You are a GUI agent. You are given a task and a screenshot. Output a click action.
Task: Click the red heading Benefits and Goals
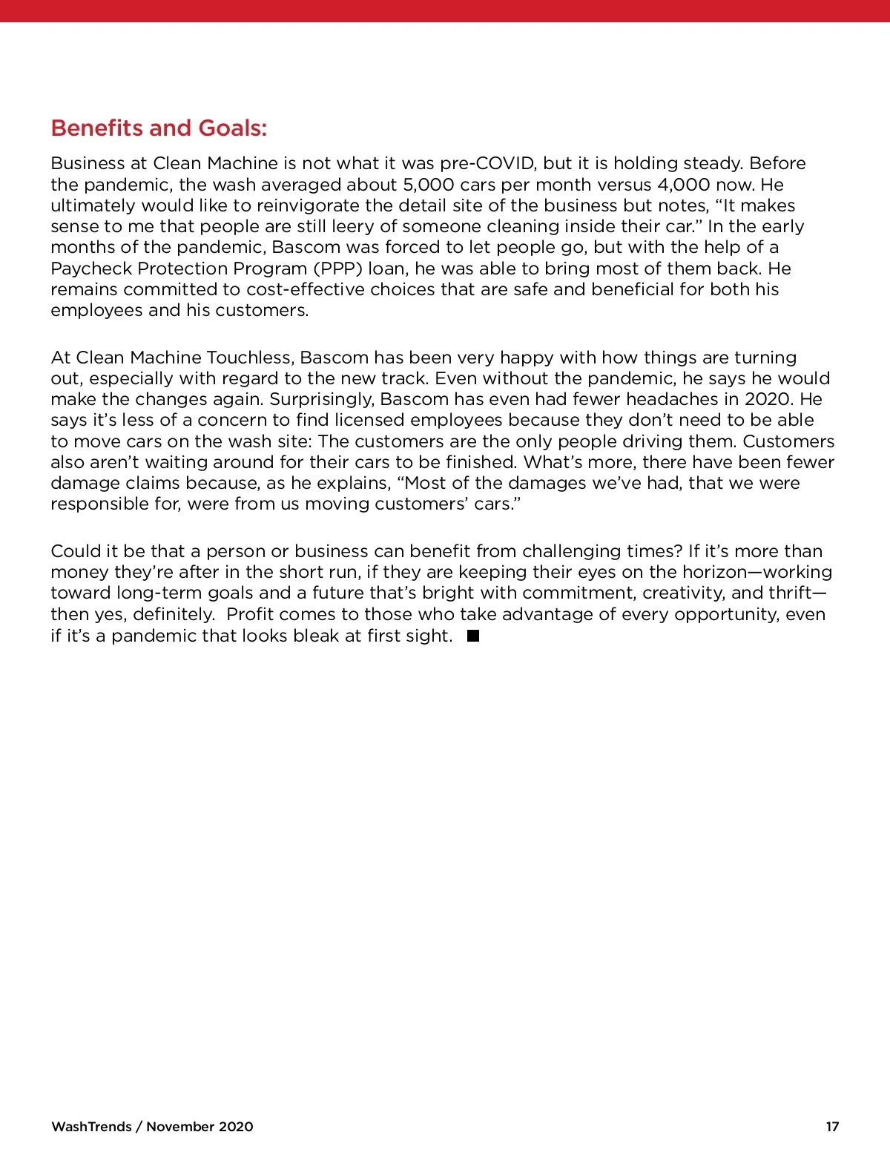point(159,128)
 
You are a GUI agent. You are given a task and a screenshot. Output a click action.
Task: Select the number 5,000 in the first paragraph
point(428,185)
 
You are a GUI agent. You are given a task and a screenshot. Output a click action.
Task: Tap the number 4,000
point(683,185)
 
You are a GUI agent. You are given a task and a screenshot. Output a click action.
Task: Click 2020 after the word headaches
point(769,399)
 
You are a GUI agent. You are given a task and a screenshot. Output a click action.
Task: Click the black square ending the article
point(473,636)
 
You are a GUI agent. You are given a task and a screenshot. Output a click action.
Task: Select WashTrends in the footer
point(91,1127)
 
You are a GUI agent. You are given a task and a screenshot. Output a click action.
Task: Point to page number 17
point(832,1127)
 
